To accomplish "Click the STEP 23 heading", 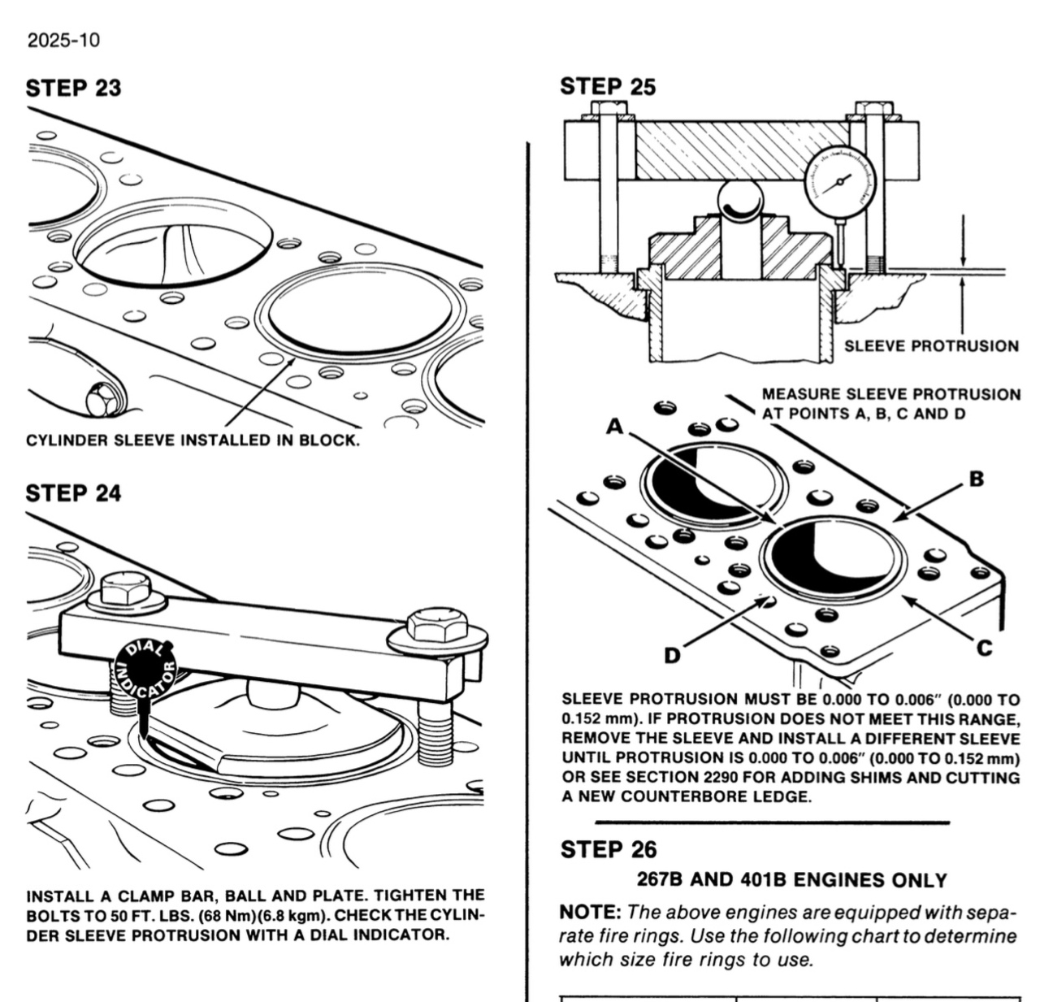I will point(73,88).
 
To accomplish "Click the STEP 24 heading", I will point(73,493).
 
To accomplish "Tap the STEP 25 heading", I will point(607,87).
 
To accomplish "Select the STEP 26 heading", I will point(608,849).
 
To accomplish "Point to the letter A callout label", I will point(615,426).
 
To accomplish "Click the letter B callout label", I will point(977,479).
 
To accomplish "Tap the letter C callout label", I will point(984,648).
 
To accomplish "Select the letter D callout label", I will point(672,655).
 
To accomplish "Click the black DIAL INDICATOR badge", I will point(146,670).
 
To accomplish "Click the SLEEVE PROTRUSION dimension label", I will point(931,346).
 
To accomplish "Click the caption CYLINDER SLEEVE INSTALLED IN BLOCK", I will point(193,440).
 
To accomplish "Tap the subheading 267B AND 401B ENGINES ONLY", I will point(791,880).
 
